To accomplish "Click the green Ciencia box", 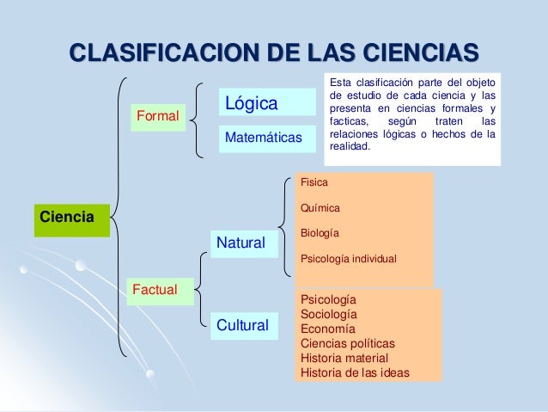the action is [71, 219].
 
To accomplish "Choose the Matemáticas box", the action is [263, 138].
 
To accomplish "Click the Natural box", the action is [241, 243].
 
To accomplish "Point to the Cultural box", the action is [242, 325].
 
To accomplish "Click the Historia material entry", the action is [344, 358].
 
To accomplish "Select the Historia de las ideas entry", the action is [355, 372].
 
